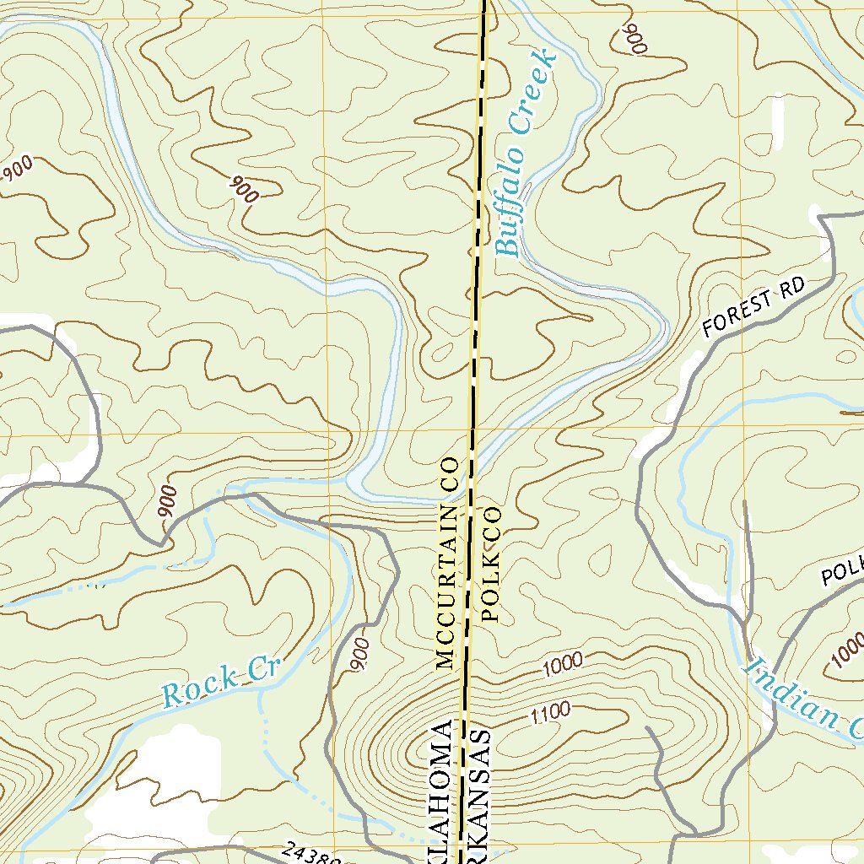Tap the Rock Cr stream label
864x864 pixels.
tap(219, 683)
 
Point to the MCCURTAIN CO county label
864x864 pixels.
tap(446, 563)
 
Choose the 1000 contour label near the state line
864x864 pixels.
tap(563, 663)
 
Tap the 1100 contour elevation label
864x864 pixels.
tap(550, 713)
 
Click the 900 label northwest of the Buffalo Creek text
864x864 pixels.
tap(244, 189)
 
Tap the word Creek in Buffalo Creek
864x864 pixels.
tap(537, 93)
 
